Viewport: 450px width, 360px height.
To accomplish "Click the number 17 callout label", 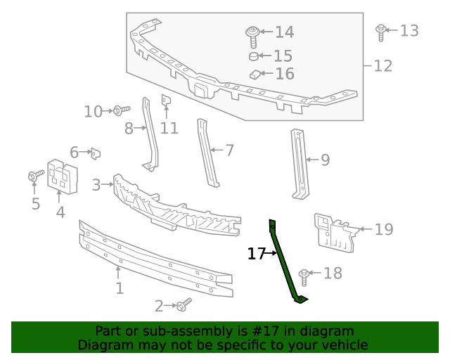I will [x=255, y=253].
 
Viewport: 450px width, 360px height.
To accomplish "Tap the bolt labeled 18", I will [x=304, y=276].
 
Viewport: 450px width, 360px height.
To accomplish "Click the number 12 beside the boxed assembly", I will [x=382, y=66].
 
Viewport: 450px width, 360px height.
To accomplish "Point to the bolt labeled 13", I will [x=380, y=32].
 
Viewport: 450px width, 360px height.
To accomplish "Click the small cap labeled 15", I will [x=254, y=56].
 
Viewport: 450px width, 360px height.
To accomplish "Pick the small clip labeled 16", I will [x=255, y=74].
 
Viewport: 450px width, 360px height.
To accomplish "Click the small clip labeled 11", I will [x=166, y=101].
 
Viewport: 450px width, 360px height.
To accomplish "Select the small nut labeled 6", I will [x=95, y=152].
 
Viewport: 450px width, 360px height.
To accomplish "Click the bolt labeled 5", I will [x=33, y=176].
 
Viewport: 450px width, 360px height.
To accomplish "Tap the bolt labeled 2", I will [x=184, y=304].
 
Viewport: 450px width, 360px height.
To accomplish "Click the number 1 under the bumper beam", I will [x=120, y=288].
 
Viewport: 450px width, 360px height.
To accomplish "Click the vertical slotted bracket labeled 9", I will [x=300, y=163].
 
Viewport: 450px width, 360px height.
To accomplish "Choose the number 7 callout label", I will [x=229, y=150].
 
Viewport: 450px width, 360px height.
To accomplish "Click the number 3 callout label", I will [x=96, y=185].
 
